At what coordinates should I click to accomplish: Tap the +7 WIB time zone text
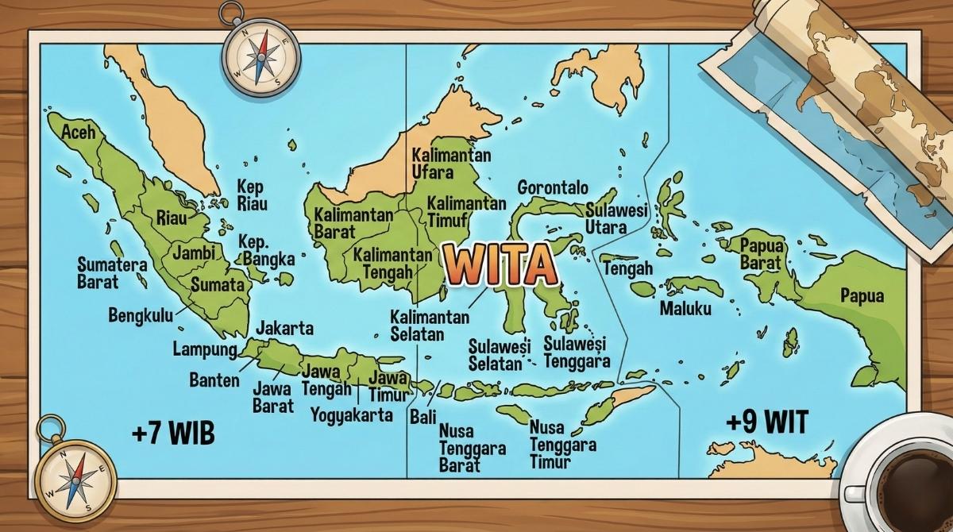pyautogui.click(x=174, y=434)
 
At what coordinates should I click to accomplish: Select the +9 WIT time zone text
pyautogui.click(x=766, y=422)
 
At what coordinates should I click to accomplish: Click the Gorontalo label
pyautogui.click(x=553, y=188)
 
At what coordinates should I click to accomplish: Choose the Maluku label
pyautogui.click(x=685, y=308)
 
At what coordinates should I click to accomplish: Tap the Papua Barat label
pyautogui.click(x=761, y=253)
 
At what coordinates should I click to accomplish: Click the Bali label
pyautogui.click(x=422, y=416)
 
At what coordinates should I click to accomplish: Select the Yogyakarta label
pyautogui.click(x=351, y=414)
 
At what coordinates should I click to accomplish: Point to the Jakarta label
pyautogui.click(x=284, y=328)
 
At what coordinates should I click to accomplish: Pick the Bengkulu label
pyautogui.click(x=140, y=315)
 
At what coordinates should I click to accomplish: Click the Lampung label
pyautogui.click(x=205, y=349)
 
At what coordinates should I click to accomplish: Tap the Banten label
pyautogui.click(x=214, y=380)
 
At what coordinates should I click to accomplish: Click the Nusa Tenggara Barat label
pyautogui.click(x=472, y=448)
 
